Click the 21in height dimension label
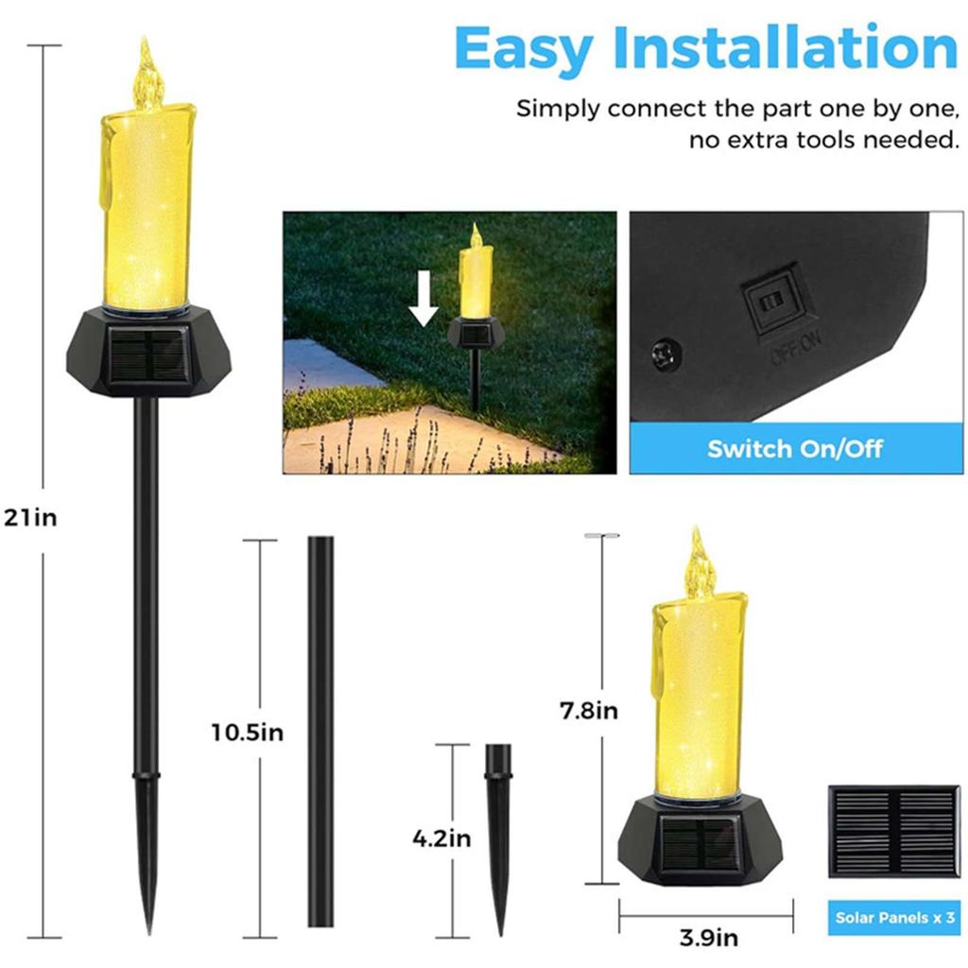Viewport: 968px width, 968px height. coord(30,518)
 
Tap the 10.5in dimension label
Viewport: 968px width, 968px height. coord(248,732)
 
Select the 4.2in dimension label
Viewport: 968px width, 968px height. coord(441,838)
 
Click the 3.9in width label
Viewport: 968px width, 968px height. coord(708,938)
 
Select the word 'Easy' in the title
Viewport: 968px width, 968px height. coord(526,49)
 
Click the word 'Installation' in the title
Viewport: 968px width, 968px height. coord(786,49)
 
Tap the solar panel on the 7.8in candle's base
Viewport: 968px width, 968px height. coord(700,843)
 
